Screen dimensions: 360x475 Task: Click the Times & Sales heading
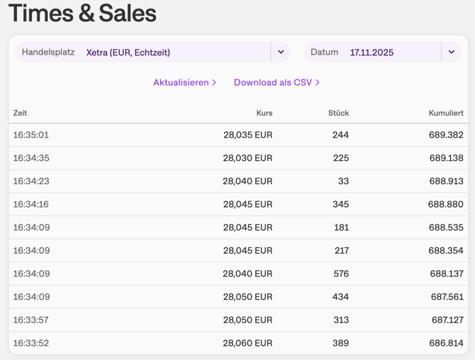[x=82, y=13]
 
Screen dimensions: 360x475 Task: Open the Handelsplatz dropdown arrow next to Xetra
[x=281, y=52]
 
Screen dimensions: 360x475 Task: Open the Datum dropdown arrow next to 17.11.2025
[x=451, y=52]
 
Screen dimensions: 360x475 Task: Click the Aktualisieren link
[x=184, y=82]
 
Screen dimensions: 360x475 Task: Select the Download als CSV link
[x=276, y=82]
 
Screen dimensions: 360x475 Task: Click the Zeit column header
[x=20, y=113]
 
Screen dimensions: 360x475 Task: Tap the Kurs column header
[x=264, y=113]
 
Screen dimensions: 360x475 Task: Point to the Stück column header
[x=338, y=113]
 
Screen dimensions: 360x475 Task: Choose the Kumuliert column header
[x=445, y=113]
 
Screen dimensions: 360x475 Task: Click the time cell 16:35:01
[x=31, y=135]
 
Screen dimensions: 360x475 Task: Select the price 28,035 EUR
[x=247, y=135]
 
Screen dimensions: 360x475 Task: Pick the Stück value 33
[x=343, y=181]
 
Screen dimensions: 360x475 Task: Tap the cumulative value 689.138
[x=446, y=158]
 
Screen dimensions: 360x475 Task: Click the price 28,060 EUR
[x=247, y=343]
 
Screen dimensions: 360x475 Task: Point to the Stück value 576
[x=340, y=274]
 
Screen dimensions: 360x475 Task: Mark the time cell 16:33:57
[x=31, y=320]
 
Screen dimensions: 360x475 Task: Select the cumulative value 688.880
[x=445, y=204]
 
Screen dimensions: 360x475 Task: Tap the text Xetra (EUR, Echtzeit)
[x=128, y=52]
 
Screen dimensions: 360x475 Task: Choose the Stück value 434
[x=340, y=297]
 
